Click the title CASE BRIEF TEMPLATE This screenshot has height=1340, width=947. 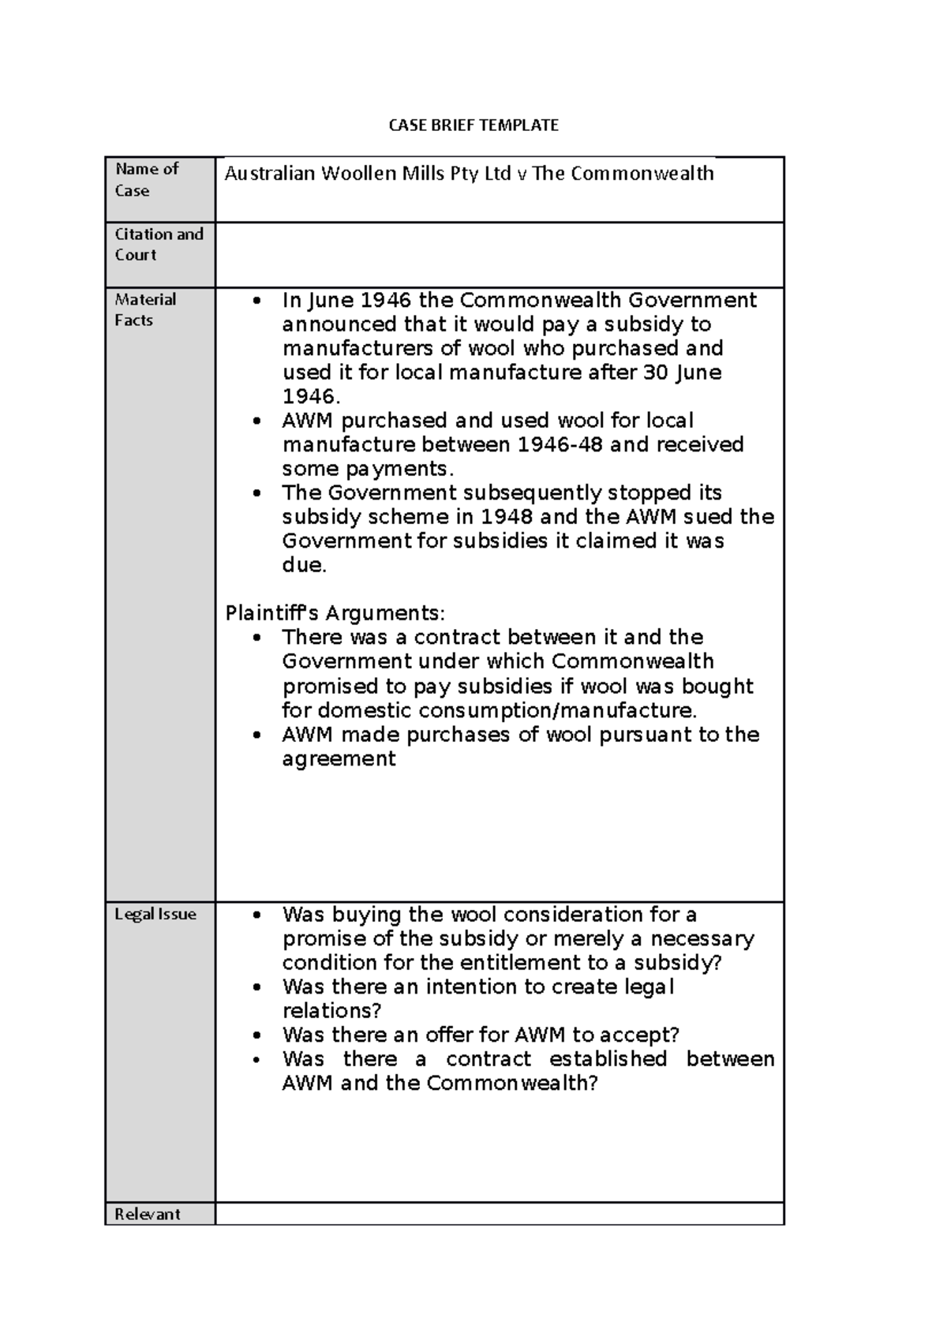pyautogui.click(x=473, y=125)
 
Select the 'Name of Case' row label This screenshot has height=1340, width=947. pyautogui.click(x=147, y=179)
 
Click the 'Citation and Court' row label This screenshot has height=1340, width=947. pyautogui.click(x=159, y=244)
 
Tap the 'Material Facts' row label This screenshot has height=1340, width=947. pyautogui.click(x=145, y=309)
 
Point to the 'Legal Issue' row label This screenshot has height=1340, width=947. pyautogui.click(x=155, y=914)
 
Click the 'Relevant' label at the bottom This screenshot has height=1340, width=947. pyautogui.click(x=148, y=1214)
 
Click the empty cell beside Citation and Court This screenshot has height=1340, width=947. pyautogui.click(x=499, y=254)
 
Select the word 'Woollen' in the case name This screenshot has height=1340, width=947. pyautogui.click(x=358, y=174)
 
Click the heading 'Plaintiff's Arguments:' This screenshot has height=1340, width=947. pyautogui.click(x=335, y=613)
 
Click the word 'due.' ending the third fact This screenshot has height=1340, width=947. pyautogui.click(x=304, y=565)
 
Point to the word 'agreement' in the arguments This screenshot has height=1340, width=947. pyautogui.click(x=339, y=758)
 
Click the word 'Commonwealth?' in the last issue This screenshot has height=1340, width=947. pyautogui.click(x=513, y=1083)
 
